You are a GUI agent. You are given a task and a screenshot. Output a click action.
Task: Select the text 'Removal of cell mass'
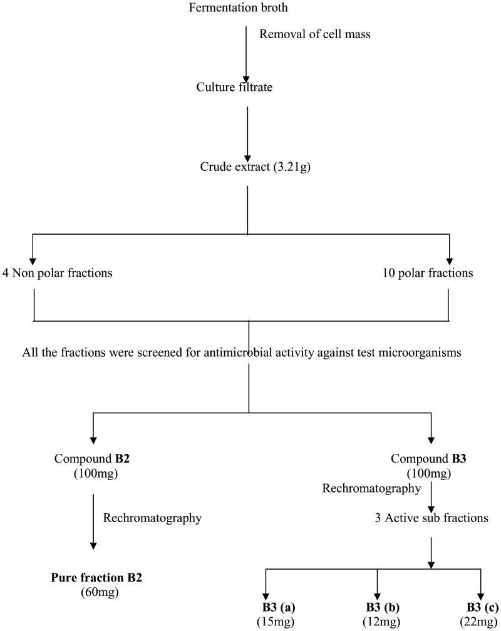tap(315, 34)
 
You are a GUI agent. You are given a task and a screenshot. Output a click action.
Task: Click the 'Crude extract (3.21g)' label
tap(248, 168)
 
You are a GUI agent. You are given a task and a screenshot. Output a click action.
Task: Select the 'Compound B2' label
tap(92, 459)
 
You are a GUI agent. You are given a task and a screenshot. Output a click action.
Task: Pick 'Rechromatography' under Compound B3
tap(371, 488)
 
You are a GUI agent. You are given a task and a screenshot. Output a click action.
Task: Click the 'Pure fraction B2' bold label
tap(96, 577)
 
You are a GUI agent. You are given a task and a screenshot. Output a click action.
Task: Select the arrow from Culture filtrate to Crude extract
tap(248, 131)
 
